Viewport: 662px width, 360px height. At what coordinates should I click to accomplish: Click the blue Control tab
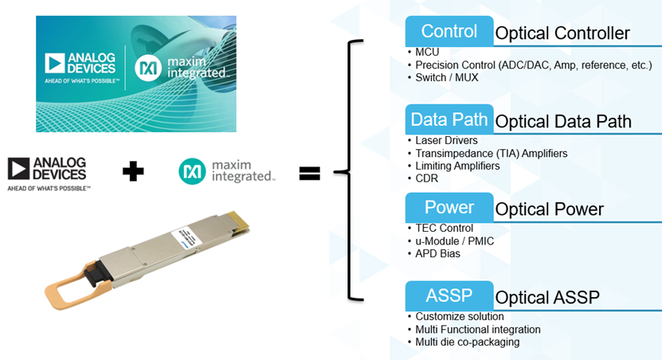click(x=449, y=32)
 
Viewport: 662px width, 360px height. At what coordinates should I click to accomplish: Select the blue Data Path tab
click(x=449, y=119)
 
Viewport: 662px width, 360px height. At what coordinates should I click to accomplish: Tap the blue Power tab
click(x=449, y=208)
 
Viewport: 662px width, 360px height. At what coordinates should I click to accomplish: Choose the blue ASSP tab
click(x=449, y=296)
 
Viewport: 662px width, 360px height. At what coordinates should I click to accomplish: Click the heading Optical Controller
click(x=562, y=33)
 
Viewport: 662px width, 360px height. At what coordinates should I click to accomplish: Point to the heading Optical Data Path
click(x=563, y=121)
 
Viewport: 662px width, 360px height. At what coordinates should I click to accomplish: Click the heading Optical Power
click(x=549, y=209)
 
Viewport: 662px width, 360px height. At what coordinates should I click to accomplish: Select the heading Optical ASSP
click(x=547, y=298)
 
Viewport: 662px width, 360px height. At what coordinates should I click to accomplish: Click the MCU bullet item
click(x=427, y=53)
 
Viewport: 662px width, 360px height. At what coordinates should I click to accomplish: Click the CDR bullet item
click(x=427, y=178)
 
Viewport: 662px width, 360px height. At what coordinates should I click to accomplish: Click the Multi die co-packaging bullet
click(x=467, y=342)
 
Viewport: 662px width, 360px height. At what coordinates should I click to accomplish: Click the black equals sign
click(x=309, y=171)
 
